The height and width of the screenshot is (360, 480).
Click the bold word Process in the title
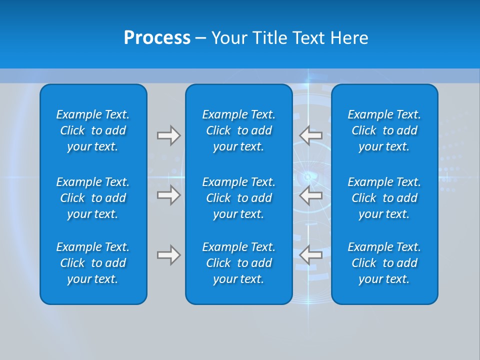tap(157, 38)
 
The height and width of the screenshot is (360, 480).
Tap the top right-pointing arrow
tap(169, 135)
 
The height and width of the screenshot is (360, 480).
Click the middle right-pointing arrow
tap(169, 195)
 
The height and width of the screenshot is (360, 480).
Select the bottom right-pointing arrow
tap(169, 255)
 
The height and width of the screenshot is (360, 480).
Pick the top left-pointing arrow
tap(311, 135)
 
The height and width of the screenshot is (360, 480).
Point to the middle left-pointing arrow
tap(311, 195)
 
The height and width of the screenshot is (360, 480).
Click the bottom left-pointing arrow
tap(311, 255)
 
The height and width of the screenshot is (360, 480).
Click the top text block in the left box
tap(93, 130)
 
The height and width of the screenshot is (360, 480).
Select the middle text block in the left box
tap(93, 198)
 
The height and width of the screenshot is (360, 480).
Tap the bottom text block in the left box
tap(93, 263)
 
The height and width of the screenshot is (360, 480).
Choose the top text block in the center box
tap(238, 130)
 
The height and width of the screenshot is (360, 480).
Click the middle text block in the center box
tap(238, 198)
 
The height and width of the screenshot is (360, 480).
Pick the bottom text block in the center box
tap(238, 263)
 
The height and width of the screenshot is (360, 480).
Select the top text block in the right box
tap(384, 130)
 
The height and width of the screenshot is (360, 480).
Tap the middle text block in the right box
tap(384, 198)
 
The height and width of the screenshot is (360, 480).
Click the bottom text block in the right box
tap(384, 263)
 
